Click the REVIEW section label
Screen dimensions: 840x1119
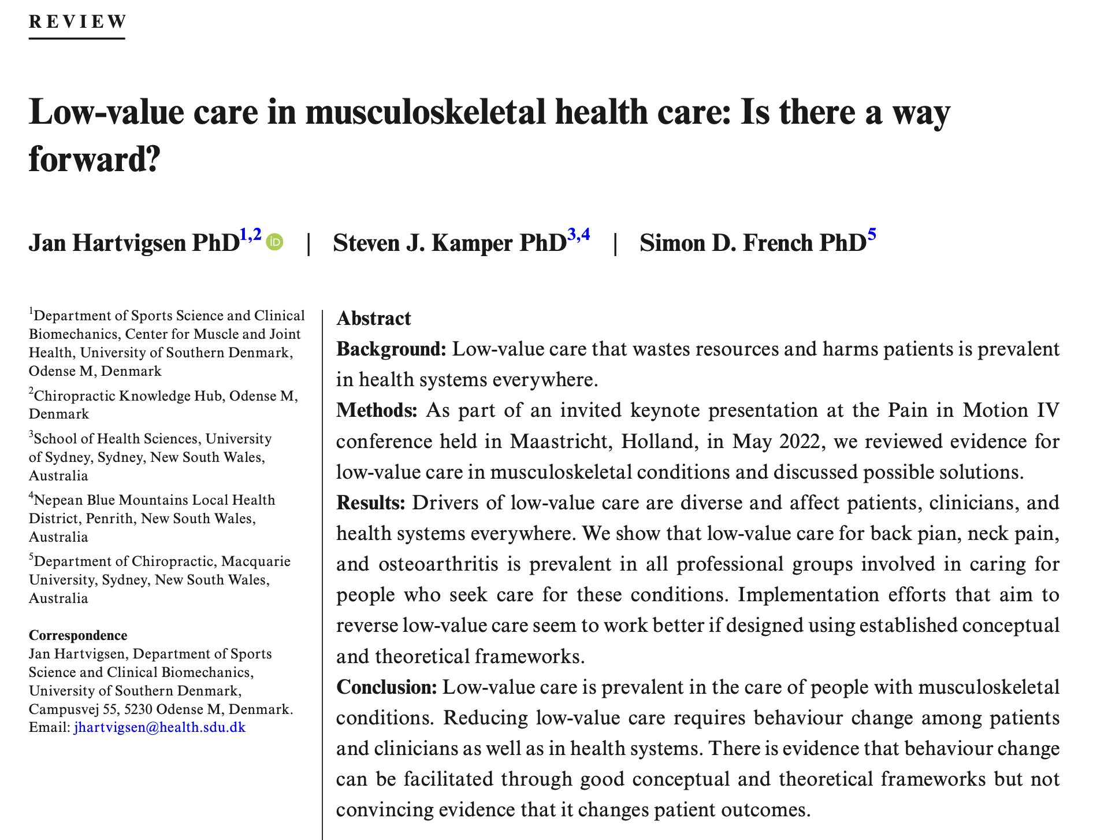tap(77, 22)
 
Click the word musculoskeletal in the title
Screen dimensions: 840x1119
tap(425, 112)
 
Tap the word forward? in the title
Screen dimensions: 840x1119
tap(94, 159)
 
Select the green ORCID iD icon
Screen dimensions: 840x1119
tap(275, 242)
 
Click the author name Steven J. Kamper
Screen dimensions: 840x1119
tap(425, 243)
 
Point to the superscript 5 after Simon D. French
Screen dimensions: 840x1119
tap(871, 235)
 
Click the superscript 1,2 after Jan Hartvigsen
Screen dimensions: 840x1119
tap(250, 235)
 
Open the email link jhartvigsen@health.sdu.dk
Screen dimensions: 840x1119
tap(160, 727)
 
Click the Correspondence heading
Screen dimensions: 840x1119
tap(78, 635)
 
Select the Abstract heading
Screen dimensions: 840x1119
tap(374, 319)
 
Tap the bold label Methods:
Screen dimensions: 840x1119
tap(377, 410)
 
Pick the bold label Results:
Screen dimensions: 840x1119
tap(371, 502)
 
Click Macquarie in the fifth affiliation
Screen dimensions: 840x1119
tap(256, 561)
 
